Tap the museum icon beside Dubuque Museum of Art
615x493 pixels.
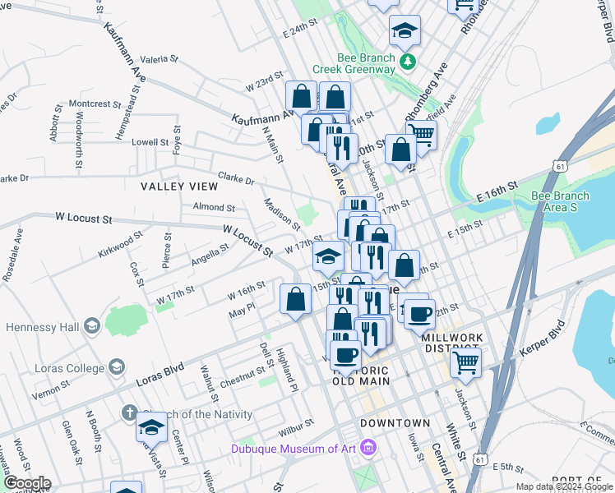coord(368,449)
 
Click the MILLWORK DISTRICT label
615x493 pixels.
coord(455,343)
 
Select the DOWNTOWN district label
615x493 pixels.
coord(395,423)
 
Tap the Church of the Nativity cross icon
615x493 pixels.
coord(129,412)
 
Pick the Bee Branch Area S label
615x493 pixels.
coord(560,201)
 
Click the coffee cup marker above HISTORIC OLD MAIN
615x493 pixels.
coord(346,356)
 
